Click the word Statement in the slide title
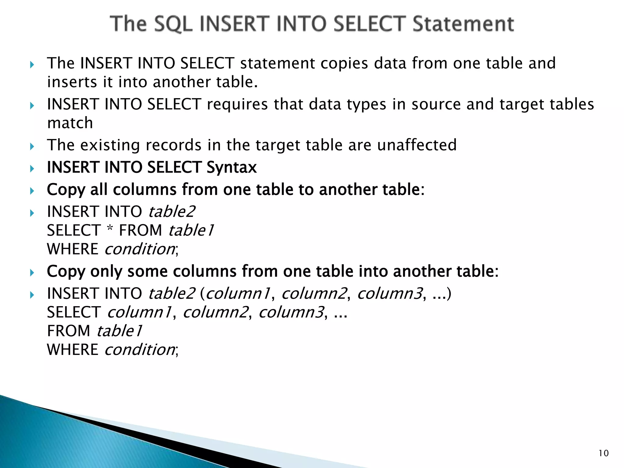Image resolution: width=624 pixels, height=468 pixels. pyautogui.click(x=463, y=24)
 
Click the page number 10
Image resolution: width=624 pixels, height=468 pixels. pyautogui.click(x=604, y=453)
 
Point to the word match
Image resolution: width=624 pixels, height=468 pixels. pyautogui.click(x=70, y=123)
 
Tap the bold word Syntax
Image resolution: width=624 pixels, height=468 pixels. pyautogui.click(x=232, y=168)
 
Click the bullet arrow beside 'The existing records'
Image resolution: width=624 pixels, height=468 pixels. pyautogui.click(x=32, y=147)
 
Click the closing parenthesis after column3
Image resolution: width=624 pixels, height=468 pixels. pyautogui.click(x=448, y=294)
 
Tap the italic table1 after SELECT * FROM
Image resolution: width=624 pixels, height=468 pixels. pyautogui.click(x=191, y=230)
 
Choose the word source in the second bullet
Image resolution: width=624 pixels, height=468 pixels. pyautogui.click(x=436, y=105)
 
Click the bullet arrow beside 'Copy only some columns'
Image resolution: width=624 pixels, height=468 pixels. pyautogui.click(x=32, y=272)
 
